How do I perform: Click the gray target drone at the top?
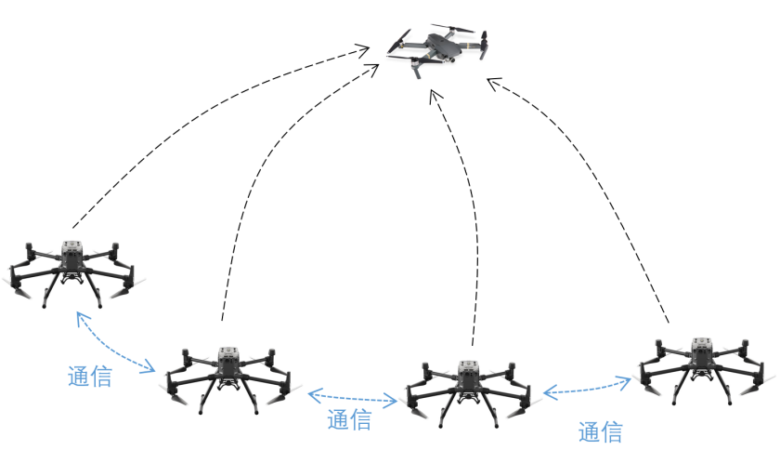click(x=441, y=47)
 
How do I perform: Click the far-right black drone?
click(x=703, y=365)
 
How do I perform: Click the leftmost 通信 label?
click(x=90, y=377)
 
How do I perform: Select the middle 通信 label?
click(x=349, y=420)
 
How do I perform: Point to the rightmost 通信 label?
click(x=600, y=431)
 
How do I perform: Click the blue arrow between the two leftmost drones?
click(x=115, y=344)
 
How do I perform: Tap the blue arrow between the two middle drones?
click(x=353, y=398)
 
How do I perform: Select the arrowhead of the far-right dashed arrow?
click(x=493, y=83)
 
